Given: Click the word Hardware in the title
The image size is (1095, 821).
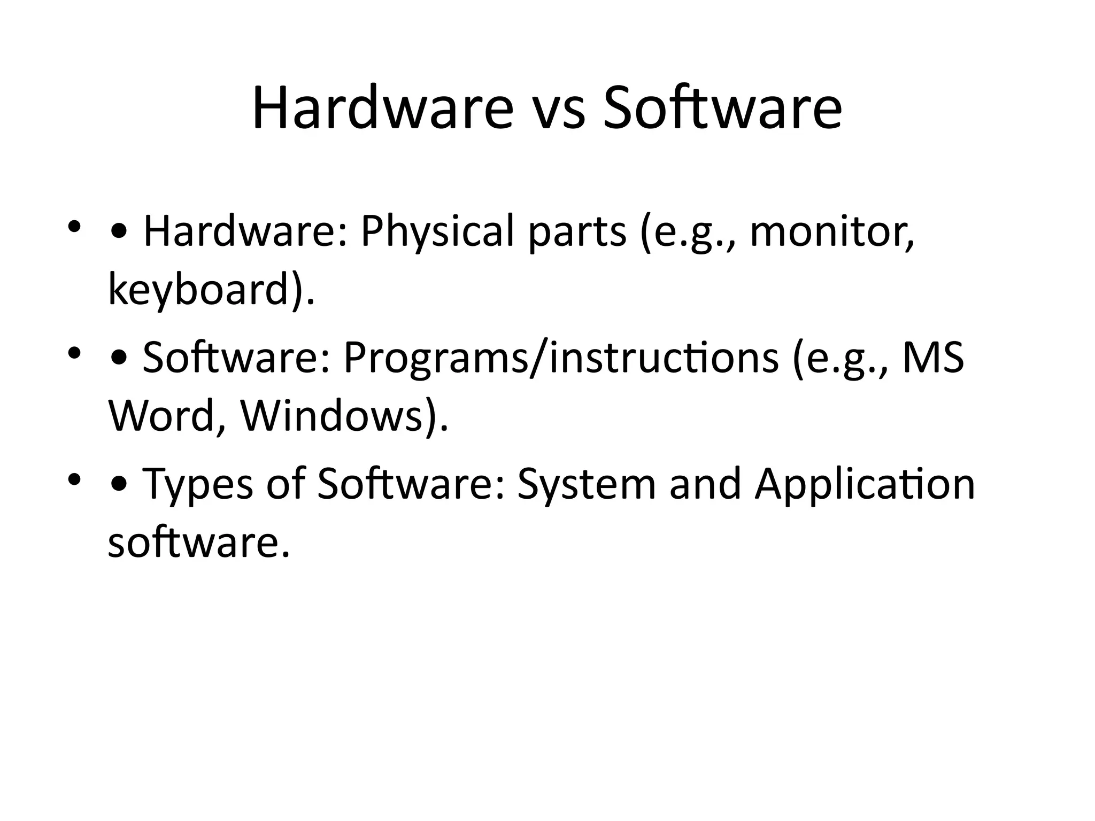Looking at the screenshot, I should click(x=382, y=109).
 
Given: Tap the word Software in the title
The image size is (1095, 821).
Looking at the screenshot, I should click(x=722, y=109).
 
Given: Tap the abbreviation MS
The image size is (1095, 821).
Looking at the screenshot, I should click(x=933, y=357).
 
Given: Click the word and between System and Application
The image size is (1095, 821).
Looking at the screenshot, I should click(x=705, y=484).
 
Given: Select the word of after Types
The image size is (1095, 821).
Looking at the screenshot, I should click(x=286, y=484).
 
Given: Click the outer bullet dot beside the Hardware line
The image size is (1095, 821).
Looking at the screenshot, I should click(x=74, y=227).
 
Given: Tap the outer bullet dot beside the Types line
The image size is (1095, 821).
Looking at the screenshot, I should click(x=74, y=479).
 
